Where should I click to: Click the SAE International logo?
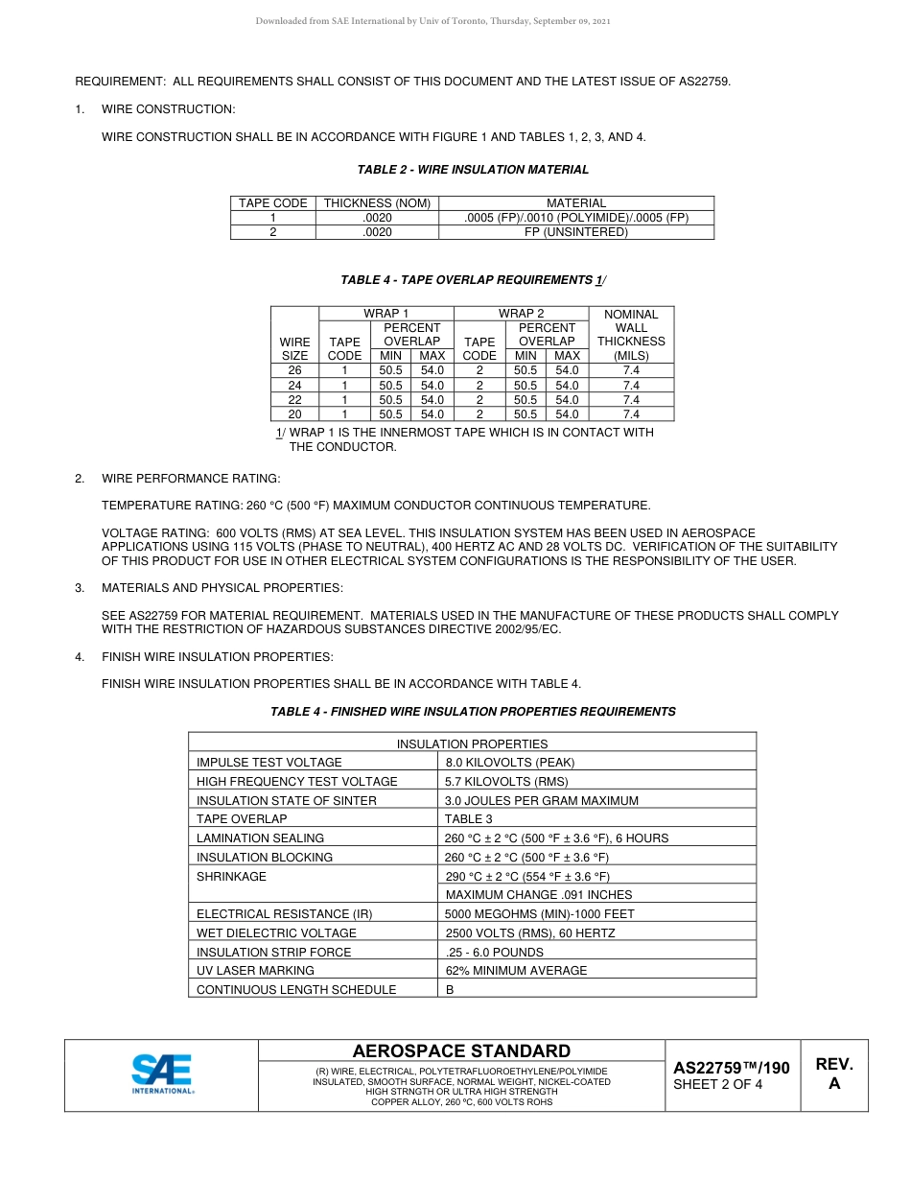[x=162, y=1074]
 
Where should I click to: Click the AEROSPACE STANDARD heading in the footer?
[x=461, y=1051]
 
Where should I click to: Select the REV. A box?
[x=833, y=1074]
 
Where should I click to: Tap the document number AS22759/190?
[x=731, y=1068]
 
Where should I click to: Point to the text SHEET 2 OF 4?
[x=718, y=1085]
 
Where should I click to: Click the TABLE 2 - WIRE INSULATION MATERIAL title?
[x=473, y=170]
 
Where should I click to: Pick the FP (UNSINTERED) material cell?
[x=575, y=232]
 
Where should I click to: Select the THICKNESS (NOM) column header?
[x=377, y=203]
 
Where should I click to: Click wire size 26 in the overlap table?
[x=294, y=370]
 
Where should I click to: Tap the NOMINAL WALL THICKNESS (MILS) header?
[x=631, y=334]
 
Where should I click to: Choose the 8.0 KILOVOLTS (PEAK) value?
[x=509, y=763]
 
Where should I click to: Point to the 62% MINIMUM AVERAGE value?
[x=516, y=971]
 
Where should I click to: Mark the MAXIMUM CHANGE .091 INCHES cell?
[x=526, y=895]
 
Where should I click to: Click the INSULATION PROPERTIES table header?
[x=472, y=743]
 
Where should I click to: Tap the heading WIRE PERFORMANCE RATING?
[x=191, y=479]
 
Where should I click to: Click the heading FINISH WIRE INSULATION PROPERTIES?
[x=218, y=657]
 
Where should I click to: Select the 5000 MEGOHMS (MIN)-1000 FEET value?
[x=539, y=914]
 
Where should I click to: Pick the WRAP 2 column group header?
[x=521, y=314]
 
